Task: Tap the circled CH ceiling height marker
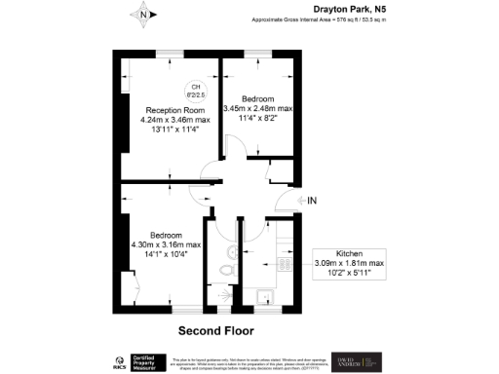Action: pos(196,91)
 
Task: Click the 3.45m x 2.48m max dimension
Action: pos(258,108)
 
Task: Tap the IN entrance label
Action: pos(312,202)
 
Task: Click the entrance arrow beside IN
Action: pos(297,202)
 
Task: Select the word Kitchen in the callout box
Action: pos(348,253)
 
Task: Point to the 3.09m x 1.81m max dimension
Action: pos(348,264)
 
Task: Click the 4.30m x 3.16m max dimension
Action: pos(166,244)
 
